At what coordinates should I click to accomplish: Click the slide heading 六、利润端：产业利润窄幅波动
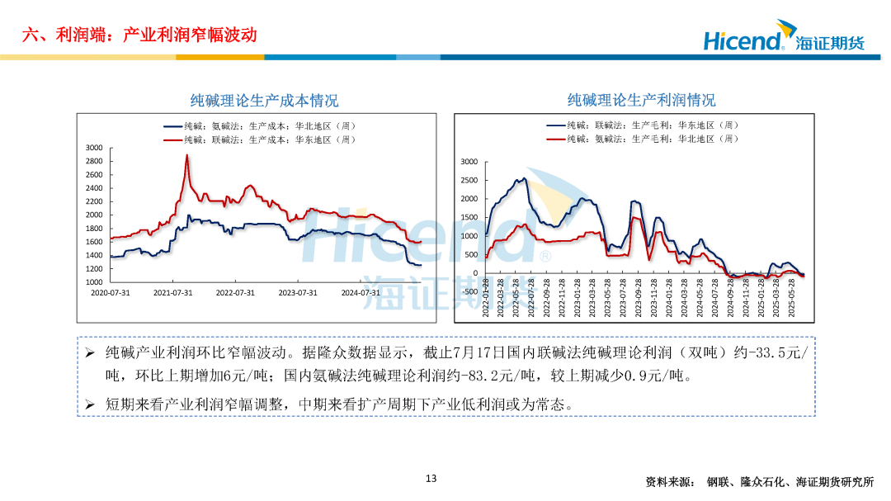click(139, 35)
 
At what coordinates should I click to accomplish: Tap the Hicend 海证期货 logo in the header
click(783, 40)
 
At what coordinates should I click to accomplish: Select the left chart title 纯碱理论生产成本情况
click(264, 101)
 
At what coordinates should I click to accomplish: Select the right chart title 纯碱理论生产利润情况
click(641, 100)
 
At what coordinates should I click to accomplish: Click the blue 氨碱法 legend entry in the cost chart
click(260, 126)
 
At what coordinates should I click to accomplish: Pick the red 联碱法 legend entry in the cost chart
click(260, 139)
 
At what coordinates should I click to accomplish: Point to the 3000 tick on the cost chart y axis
click(94, 148)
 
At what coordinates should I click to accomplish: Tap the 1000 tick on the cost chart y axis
click(94, 282)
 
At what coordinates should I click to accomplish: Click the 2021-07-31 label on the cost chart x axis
click(173, 292)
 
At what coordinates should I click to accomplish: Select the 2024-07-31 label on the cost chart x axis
click(361, 292)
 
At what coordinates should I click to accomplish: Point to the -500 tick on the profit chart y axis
click(469, 291)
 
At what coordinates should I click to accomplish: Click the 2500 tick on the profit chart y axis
click(469, 181)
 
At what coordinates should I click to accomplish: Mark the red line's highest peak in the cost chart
click(186, 155)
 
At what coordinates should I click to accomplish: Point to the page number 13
click(431, 479)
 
